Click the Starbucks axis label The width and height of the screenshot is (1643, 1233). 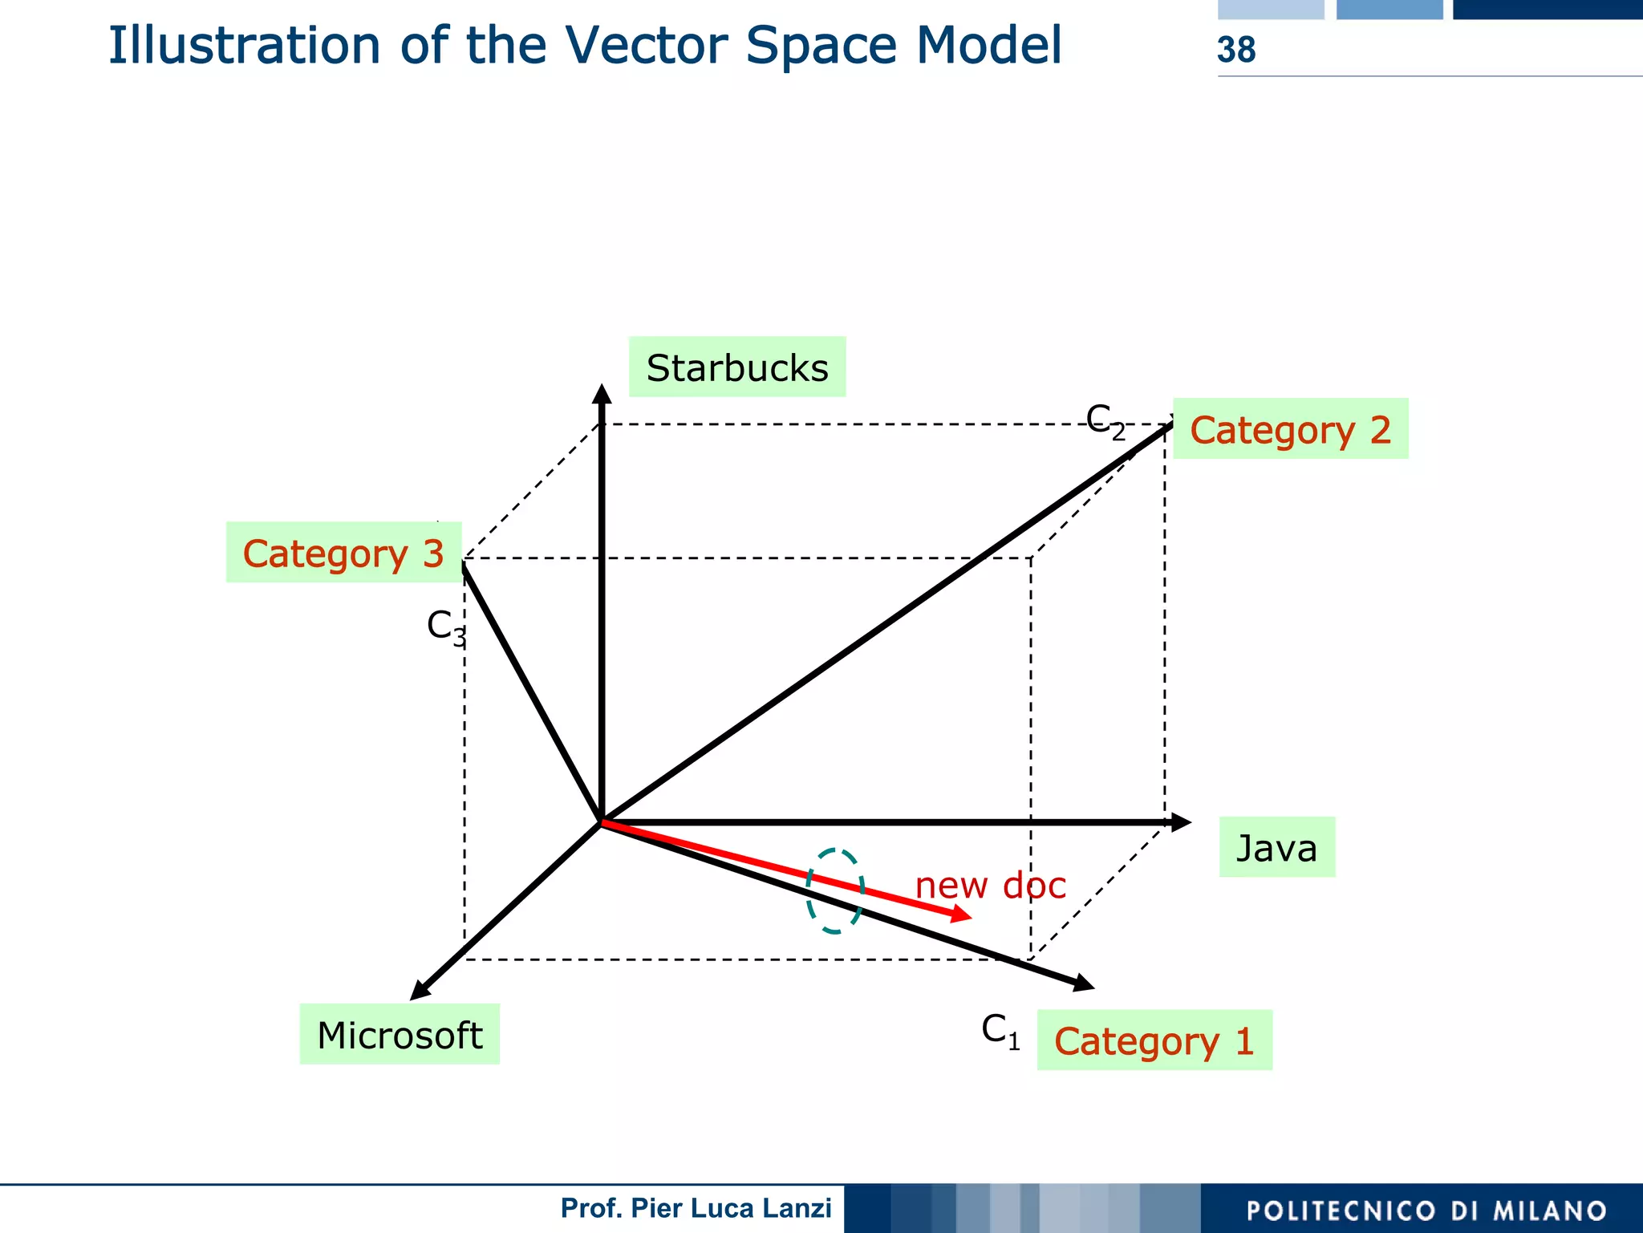coord(736,367)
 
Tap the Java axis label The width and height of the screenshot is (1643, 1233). coord(1276,848)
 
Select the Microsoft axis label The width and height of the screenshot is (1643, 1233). coord(400,1035)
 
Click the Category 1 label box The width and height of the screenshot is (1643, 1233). coord(1154,1040)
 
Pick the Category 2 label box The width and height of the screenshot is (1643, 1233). coord(1290,429)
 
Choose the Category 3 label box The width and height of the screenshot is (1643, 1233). coord(343,553)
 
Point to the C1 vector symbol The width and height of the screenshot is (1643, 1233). coord(1000,1030)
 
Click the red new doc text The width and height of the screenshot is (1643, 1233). coord(990,885)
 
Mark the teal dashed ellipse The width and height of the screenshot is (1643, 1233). coord(835,890)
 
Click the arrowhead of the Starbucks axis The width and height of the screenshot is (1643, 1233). coord(602,393)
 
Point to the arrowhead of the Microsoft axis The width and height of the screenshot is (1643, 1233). coord(420,991)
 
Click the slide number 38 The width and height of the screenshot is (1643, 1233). coord(1235,50)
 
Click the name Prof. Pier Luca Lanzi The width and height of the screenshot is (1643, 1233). coord(696,1208)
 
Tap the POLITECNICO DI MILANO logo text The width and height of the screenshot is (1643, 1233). coord(1426,1211)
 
